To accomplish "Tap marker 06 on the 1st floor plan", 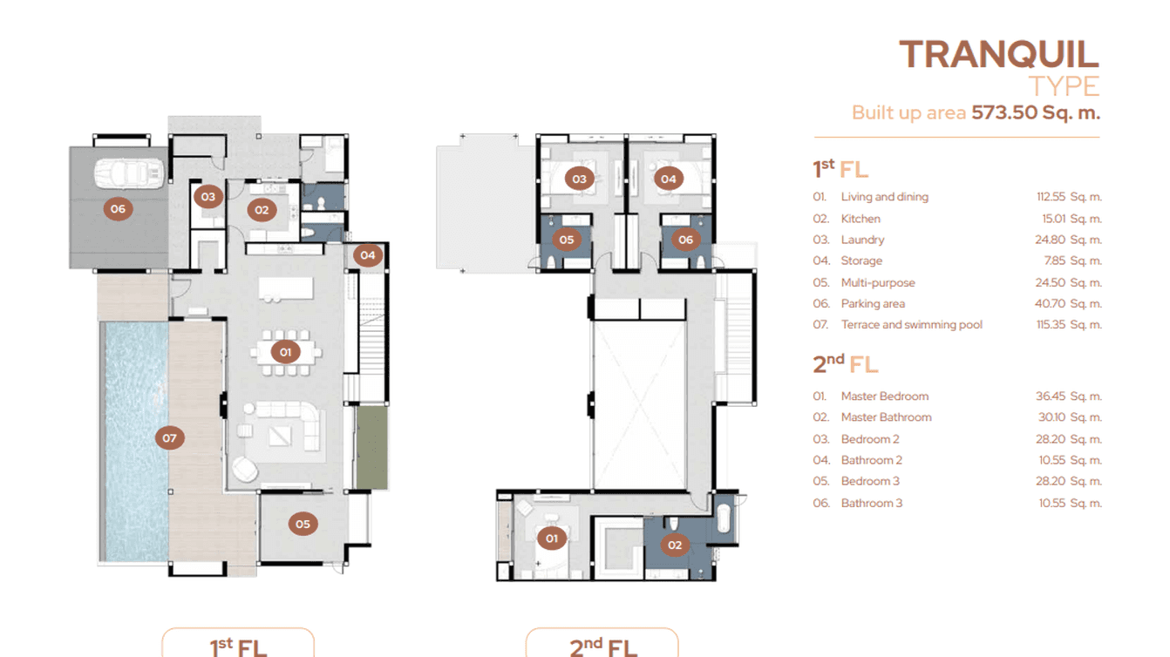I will (x=118, y=209).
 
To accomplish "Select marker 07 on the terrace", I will (x=169, y=437).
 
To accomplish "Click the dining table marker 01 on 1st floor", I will (x=284, y=352).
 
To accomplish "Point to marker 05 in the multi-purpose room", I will (x=303, y=524).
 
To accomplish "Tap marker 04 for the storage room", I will (x=368, y=255).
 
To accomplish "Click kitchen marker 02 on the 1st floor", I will (x=261, y=209).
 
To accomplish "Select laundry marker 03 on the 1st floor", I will (x=207, y=197).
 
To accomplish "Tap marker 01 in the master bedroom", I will (x=551, y=538).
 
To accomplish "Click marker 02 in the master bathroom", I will (x=674, y=545).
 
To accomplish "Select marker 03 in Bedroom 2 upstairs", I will (x=578, y=179).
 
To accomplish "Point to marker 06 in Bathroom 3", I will (x=685, y=240).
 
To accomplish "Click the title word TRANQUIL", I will (x=998, y=54).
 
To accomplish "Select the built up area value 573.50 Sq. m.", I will (x=1036, y=112).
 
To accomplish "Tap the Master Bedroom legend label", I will (x=884, y=396).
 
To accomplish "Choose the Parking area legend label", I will (x=873, y=304).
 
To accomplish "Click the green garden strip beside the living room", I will (x=371, y=446).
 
